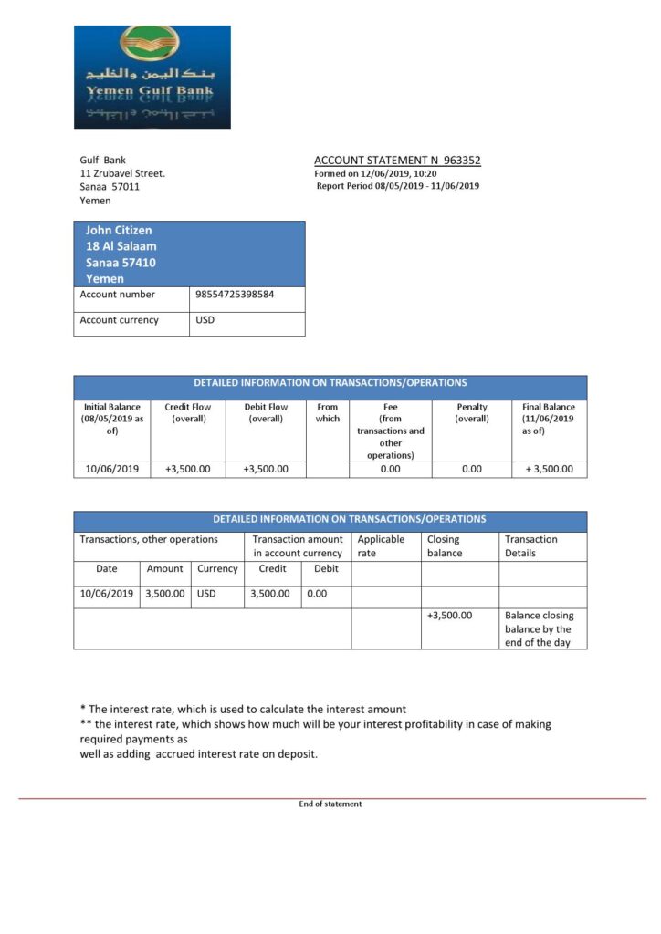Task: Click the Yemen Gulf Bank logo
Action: point(152,77)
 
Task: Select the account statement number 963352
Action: point(461,161)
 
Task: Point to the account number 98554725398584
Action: point(235,295)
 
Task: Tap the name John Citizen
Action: point(119,231)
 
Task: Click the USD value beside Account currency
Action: point(205,320)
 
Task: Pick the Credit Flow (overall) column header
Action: point(187,413)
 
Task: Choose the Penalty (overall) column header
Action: point(472,413)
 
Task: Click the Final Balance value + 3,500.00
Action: point(549,469)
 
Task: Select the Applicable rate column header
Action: point(381,545)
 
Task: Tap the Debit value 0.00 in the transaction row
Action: point(318,593)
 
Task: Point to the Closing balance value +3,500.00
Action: point(449,615)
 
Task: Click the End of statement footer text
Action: point(330,804)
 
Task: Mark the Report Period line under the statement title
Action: point(398,186)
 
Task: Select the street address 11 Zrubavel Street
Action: point(122,173)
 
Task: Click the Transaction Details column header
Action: point(531,545)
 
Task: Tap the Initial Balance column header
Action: point(112,419)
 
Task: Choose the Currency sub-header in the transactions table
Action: point(217,568)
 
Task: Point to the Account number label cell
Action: point(118,295)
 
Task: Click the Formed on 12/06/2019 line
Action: point(375,173)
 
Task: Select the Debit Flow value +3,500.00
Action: point(266,469)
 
